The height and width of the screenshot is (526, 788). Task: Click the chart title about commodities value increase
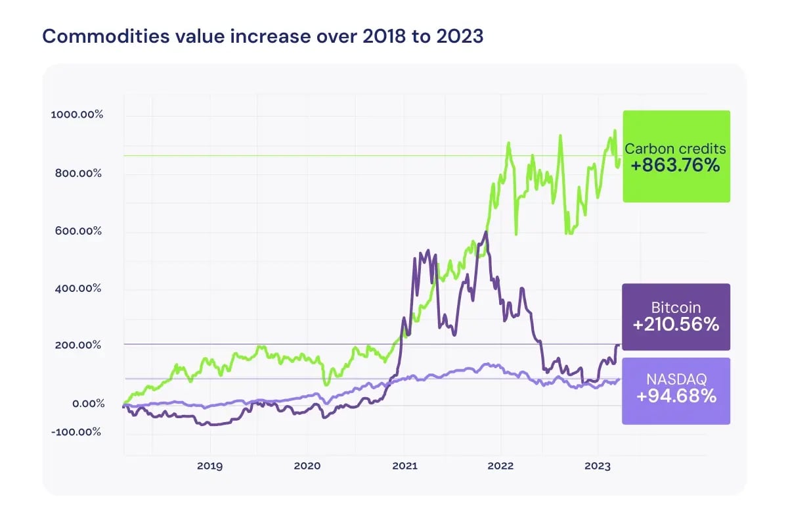click(x=263, y=36)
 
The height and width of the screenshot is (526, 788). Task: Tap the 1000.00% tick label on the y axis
click(x=77, y=114)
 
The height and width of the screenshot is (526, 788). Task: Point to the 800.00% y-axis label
click(x=78, y=174)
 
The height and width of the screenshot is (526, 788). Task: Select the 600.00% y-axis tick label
click(x=78, y=231)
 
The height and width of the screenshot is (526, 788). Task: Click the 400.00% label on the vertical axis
click(x=78, y=288)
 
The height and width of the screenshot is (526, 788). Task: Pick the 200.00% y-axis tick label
click(x=78, y=345)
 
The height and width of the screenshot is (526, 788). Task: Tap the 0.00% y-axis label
click(x=87, y=403)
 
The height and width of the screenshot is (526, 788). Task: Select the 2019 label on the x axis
click(x=209, y=466)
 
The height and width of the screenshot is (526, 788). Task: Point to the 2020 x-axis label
click(x=307, y=466)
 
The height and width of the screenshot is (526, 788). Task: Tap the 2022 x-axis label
click(x=500, y=466)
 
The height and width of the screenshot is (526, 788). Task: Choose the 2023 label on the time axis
click(x=597, y=466)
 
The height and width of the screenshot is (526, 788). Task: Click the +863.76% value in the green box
click(x=676, y=166)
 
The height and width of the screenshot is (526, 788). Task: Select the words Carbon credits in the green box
click(x=676, y=149)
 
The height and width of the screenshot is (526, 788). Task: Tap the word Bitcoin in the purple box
click(x=676, y=307)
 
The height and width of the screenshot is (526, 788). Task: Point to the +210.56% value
click(x=676, y=324)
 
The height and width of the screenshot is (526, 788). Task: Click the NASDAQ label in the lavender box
click(x=676, y=379)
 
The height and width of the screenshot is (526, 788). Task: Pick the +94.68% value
click(x=676, y=396)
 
